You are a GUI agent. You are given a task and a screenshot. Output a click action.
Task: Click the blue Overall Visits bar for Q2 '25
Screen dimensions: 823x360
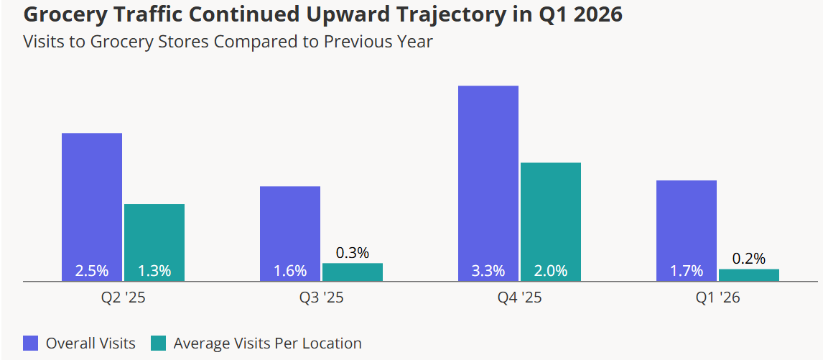(x=92, y=207)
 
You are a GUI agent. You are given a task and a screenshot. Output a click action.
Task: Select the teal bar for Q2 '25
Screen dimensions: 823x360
(x=154, y=242)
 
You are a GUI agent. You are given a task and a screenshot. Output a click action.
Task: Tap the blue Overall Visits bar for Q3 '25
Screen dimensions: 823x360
(x=290, y=234)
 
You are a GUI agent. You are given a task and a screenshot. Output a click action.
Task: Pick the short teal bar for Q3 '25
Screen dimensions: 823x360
(x=352, y=272)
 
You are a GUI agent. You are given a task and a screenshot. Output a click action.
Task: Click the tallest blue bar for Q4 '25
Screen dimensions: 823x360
(x=488, y=183)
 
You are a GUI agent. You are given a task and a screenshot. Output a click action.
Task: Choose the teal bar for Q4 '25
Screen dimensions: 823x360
(x=551, y=222)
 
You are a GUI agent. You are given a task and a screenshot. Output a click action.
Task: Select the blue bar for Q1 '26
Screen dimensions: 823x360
(x=687, y=231)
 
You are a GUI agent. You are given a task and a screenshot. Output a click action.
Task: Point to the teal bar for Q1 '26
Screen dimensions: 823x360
(x=749, y=275)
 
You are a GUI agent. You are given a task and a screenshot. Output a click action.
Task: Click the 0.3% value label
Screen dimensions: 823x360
(x=352, y=253)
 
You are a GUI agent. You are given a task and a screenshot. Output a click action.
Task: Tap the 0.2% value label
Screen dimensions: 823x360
(x=749, y=259)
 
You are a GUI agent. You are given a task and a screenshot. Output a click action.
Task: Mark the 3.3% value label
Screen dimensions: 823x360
(x=488, y=271)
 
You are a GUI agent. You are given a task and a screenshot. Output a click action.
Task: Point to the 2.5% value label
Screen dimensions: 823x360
(x=92, y=271)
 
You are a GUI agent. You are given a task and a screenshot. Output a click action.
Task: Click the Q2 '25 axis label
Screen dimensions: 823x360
(x=124, y=298)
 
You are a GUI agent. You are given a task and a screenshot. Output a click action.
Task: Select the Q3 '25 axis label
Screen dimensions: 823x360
(x=321, y=298)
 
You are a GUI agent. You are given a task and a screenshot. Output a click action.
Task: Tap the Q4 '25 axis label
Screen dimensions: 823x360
(x=520, y=298)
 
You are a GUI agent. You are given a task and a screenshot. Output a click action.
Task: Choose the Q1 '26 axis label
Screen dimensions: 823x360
(x=718, y=298)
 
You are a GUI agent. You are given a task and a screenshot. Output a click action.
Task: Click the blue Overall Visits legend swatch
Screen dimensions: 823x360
(x=31, y=343)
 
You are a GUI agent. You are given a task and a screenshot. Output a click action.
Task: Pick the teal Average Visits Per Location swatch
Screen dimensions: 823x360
(x=158, y=343)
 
